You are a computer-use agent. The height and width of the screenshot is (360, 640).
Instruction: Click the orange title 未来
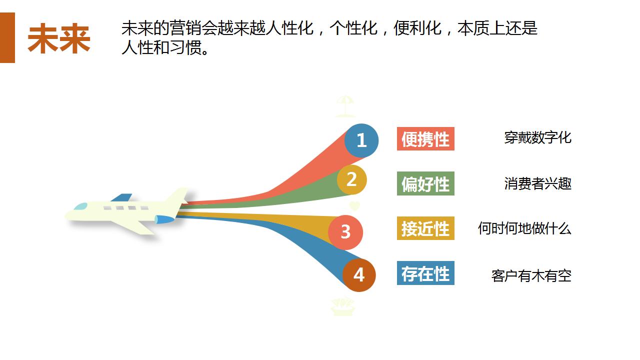point(59,38)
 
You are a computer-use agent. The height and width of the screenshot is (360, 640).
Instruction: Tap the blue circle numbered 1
point(361,140)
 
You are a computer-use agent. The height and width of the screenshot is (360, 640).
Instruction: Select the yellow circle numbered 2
point(351,179)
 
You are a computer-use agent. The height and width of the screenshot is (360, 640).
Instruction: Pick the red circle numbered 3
point(345,232)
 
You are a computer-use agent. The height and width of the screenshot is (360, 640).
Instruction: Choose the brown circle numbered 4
point(359,275)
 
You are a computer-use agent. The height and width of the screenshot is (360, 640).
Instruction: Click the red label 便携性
point(425,139)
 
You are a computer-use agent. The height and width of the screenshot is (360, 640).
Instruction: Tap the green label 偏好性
point(425,183)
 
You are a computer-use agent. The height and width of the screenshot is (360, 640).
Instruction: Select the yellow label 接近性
point(425,228)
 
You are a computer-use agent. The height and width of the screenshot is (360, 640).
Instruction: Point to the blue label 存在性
point(425,273)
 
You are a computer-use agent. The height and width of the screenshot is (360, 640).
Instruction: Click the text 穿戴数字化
point(537,137)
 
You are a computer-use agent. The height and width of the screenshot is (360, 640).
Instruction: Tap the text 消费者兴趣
point(537,183)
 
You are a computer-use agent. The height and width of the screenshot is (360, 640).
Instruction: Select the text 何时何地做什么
point(524,228)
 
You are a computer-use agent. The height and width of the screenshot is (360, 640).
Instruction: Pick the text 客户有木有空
point(531,276)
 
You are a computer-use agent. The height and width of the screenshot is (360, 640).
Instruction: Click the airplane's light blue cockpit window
point(80,206)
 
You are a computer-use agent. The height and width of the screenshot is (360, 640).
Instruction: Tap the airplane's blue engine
point(164,219)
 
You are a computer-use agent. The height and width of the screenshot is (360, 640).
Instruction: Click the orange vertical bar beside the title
point(7,37)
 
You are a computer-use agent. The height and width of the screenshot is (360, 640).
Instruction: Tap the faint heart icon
point(354,205)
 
